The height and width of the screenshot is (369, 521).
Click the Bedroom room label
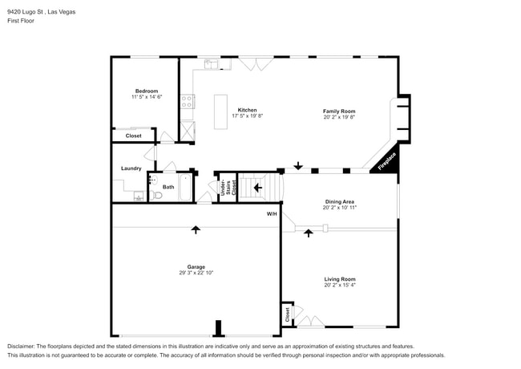146,91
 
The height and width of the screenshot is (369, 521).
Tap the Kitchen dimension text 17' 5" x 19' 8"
247,116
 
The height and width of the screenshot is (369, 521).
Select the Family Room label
339,111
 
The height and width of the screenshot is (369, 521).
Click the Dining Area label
339,201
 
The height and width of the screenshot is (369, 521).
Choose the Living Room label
339,279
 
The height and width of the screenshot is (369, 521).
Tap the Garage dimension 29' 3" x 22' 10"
196,273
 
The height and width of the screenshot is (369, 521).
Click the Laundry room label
131,168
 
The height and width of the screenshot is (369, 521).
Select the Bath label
168,187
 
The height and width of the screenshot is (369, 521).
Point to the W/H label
272,214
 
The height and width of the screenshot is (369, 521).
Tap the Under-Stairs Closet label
226,188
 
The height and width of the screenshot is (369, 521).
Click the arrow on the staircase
257,188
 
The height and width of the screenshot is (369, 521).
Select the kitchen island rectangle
221,112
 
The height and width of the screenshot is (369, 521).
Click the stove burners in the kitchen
187,101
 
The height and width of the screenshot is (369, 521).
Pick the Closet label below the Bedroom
133,136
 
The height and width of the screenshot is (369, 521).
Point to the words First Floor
21,21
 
